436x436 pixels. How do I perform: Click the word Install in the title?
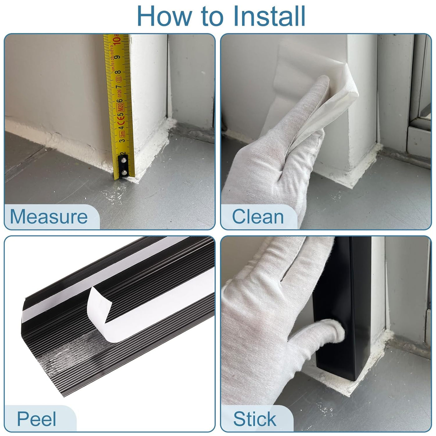269,16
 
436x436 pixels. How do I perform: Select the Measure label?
49,216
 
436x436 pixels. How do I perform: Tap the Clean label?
258,216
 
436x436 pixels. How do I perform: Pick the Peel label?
36,419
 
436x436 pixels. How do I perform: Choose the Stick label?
254,419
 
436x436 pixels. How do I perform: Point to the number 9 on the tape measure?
117,57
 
